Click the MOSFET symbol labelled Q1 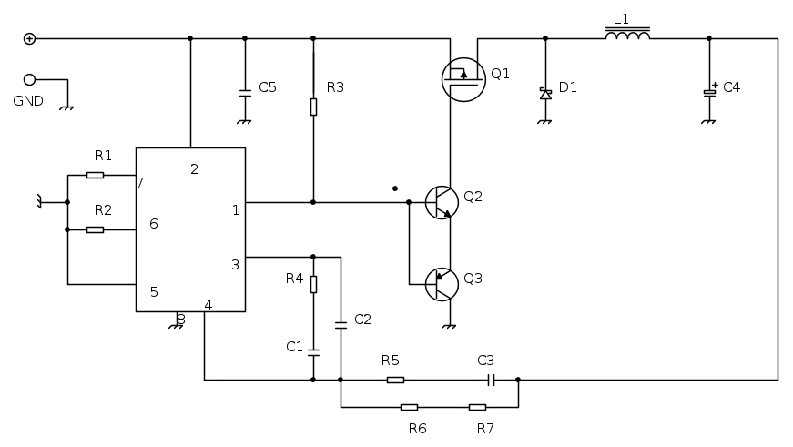pos(463,79)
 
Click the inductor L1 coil pos(627,36)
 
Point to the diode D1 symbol pos(545,94)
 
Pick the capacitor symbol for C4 pos(709,92)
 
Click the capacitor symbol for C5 pos(244,92)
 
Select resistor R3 pos(313,107)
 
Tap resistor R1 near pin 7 pos(95,175)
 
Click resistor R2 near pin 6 pos(95,229)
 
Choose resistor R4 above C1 pos(313,284)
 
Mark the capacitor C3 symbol pos(490,380)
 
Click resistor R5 pos(395,380)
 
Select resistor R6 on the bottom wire pos(409,407)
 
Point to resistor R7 pos(477,407)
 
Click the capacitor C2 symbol pos(341,323)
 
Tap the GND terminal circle pos(29,79)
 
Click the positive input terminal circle pos(29,38)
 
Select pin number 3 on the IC pos(235,265)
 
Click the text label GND pos(28,101)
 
